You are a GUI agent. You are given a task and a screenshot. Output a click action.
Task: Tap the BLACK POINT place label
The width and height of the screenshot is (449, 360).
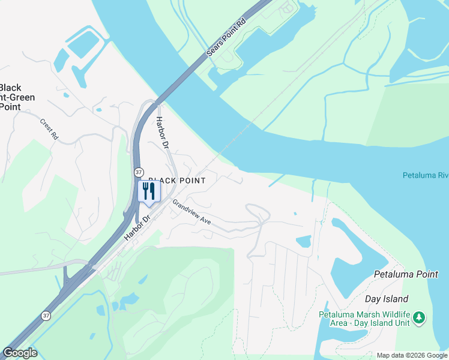pyautogui.click(x=177, y=181)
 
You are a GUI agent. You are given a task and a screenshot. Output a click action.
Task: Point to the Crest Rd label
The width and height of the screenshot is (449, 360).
pyautogui.click(x=49, y=129)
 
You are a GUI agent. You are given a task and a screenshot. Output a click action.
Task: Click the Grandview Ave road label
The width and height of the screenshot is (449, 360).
pyautogui.click(x=192, y=212)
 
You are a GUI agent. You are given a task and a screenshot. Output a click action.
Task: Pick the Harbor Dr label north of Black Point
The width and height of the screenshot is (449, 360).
pyautogui.click(x=162, y=137)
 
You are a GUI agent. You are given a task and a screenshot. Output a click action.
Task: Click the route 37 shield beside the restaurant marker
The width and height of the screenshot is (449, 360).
pyautogui.click(x=139, y=172)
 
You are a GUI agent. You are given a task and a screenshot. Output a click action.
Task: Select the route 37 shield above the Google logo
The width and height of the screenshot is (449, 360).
pyautogui.click(x=46, y=315)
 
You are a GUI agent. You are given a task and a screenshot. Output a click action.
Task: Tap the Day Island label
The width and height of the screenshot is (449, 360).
pyautogui.click(x=387, y=299)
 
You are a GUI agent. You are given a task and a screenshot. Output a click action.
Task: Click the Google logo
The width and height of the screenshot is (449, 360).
pyautogui.click(x=20, y=352)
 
